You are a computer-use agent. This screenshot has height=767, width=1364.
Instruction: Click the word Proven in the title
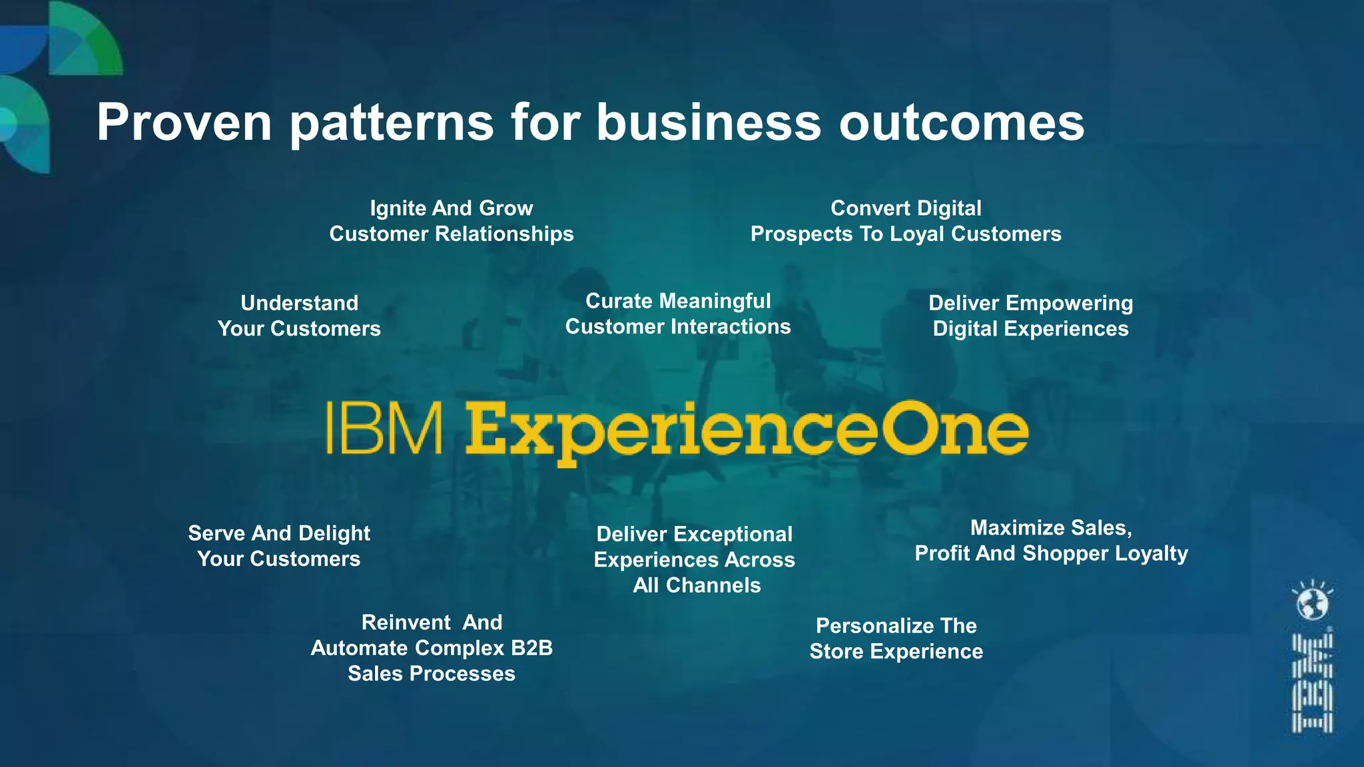pyautogui.click(x=184, y=123)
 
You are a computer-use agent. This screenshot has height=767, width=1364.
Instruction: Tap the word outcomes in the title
pyautogui.click(x=961, y=123)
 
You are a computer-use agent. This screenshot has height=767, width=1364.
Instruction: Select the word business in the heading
pyautogui.click(x=708, y=123)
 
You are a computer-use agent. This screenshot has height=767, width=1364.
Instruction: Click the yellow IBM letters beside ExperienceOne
pyautogui.click(x=384, y=428)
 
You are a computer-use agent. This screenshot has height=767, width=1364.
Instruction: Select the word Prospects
pyautogui.click(x=801, y=234)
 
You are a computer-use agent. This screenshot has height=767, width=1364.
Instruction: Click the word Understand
pyautogui.click(x=299, y=303)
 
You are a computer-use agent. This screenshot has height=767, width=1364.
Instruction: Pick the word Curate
pyautogui.click(x=619, y=301)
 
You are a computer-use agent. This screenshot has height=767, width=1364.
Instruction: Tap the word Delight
pyautogui.click(x=334, y=533)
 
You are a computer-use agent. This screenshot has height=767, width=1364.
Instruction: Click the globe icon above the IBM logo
pyautogui.click(x=1312, y=603)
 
